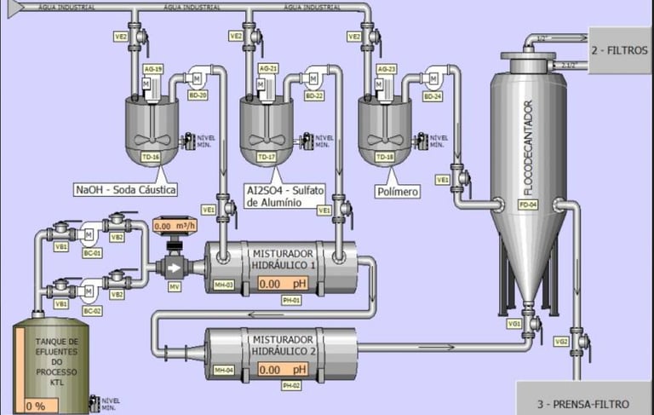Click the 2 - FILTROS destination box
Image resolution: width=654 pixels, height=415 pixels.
(x=620, y=50)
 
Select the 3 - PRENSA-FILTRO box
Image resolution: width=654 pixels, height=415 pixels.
(x=584, y=403)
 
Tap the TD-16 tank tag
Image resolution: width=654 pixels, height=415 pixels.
(x=151, y=157)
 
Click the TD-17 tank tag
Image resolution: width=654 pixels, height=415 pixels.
(x=267, y=158)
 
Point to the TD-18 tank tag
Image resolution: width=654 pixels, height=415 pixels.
(x=385, y=158)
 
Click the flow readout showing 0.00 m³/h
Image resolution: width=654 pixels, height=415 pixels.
(x=175, y=227)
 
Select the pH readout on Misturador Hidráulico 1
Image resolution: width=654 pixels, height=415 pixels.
(x=281, y=284)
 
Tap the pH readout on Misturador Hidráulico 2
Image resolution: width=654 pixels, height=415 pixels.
(x=281, y=370)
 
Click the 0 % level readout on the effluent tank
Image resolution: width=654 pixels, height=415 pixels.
(x=37, y=406)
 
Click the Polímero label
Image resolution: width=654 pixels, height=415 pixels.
(x=397, y=193)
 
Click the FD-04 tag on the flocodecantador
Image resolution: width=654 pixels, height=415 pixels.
(x=528, y=205)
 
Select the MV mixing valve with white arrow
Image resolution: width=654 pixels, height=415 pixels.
(x=174, y=267)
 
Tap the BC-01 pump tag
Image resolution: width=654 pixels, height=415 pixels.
(x=91, y=253)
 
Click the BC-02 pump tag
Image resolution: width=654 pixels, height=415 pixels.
(x=91, y=310)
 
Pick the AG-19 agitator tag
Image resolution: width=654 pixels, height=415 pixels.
(x=153, y=69)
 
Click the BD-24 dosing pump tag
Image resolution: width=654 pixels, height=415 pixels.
(x=433, y=96)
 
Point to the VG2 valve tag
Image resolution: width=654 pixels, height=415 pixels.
(x=561, y=341)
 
